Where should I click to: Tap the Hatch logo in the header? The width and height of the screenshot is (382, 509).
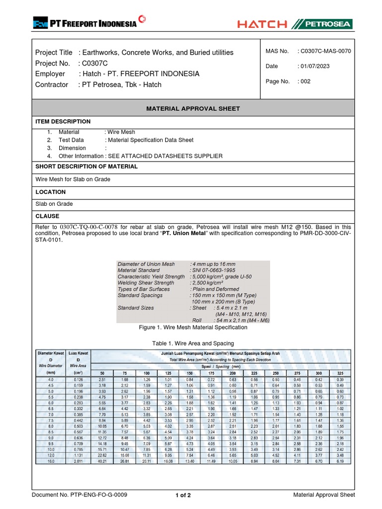coord(262,24)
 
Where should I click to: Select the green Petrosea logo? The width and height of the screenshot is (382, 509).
coord(323,24)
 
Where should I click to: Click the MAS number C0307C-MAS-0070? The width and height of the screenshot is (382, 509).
coord(325,51)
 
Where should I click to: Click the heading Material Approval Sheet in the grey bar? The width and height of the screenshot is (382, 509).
coord(193,108)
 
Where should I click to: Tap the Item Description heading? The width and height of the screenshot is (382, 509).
coord(63,121)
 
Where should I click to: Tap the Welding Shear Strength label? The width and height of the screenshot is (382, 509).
coord(146,283)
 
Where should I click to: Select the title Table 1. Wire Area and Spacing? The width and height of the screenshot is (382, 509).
coord(193,343)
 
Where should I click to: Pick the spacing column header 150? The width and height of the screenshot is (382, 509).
coord(190,373)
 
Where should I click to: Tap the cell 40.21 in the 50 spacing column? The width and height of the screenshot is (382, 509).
coord(102,461)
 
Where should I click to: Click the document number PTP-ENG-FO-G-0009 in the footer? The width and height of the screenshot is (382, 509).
coord(80,495)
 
